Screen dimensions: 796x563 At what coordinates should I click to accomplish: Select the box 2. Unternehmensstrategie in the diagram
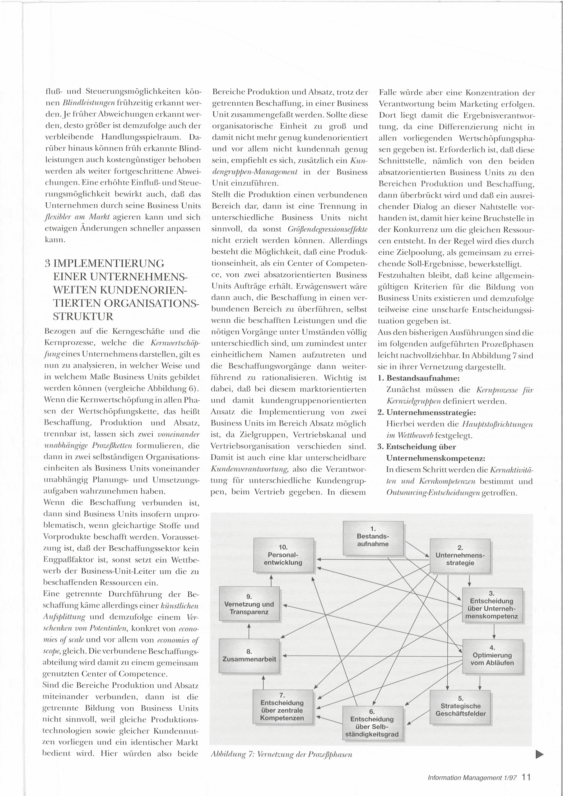[x=460, y=556]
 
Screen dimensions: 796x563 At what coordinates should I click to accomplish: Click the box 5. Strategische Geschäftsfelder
[x=460, y=707]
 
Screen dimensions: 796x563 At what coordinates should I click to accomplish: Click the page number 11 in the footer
[x=526, y=777]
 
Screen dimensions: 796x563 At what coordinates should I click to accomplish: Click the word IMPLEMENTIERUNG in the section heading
[x=109, y=263]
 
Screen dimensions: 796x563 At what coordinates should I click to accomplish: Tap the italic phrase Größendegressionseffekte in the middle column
[x=328, y=229]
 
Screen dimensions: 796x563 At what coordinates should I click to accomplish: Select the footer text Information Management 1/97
[x=472, y=778]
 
